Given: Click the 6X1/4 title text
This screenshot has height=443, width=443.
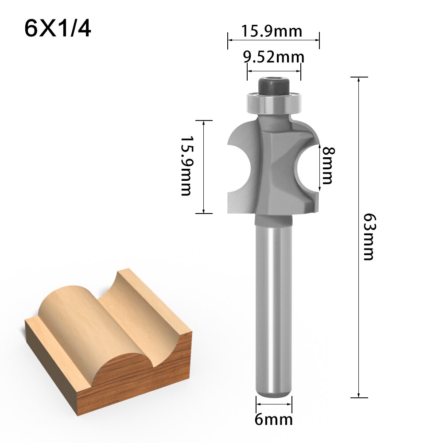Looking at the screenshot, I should [x=58, y=29].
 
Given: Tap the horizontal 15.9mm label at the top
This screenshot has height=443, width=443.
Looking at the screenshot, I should [x=272, y=31].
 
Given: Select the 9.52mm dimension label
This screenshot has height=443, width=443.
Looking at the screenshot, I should [x=273, y=57].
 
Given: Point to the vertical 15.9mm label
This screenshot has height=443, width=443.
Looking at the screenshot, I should [x=187, y=166].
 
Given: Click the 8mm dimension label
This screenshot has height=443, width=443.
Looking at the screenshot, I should [x=328, y=165].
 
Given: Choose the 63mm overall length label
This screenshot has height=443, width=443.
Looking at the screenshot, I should [x=369, y=237].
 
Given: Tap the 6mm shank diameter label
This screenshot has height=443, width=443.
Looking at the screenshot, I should [x=273, y=419].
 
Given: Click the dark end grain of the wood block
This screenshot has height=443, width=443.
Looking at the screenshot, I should [x=146, y=377].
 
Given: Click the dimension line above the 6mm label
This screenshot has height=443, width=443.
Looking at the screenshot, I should [x=273, y=404].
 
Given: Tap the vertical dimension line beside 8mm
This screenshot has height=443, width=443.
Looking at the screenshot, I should [x=320, y=167].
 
